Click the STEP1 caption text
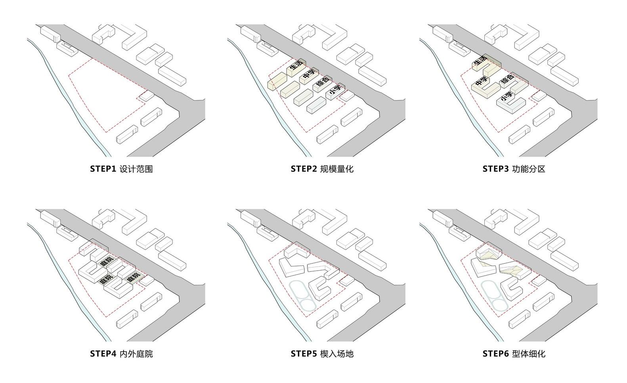coord(121,169)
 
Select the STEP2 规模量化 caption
coord(322,169)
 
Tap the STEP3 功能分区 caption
coord(514,169)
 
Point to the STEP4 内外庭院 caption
coord(121,354)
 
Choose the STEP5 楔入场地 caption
coord(322,354)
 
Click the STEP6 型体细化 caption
coord(514,354)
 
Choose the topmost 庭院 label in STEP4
coord(107,263)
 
